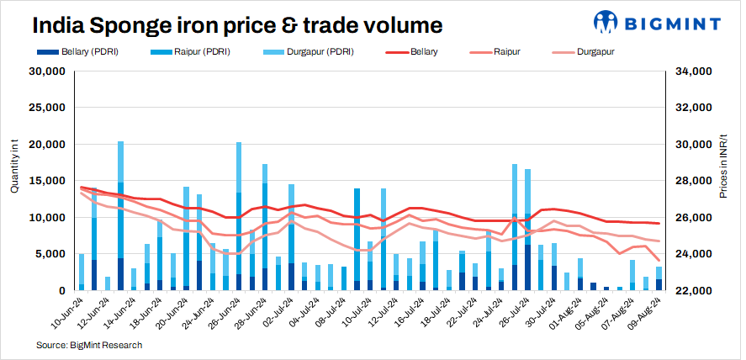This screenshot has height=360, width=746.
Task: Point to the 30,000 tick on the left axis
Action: (49, 71)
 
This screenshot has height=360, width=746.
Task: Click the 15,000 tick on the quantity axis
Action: (49, 181)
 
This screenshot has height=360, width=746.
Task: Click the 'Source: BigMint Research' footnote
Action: (88, 345)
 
